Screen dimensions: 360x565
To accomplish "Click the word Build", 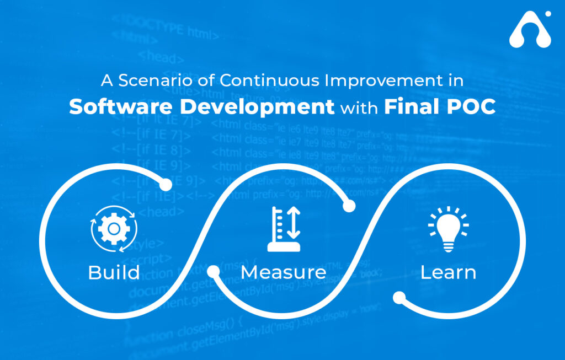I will [114, 272].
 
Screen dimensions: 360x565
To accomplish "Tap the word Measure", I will [283, 272].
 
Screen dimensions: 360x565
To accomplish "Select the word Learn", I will [448, 272].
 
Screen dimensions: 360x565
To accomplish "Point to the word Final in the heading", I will [409, 107].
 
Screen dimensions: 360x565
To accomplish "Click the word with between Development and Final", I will [359, 108].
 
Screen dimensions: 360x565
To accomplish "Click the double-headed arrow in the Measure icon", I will [294, 223].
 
